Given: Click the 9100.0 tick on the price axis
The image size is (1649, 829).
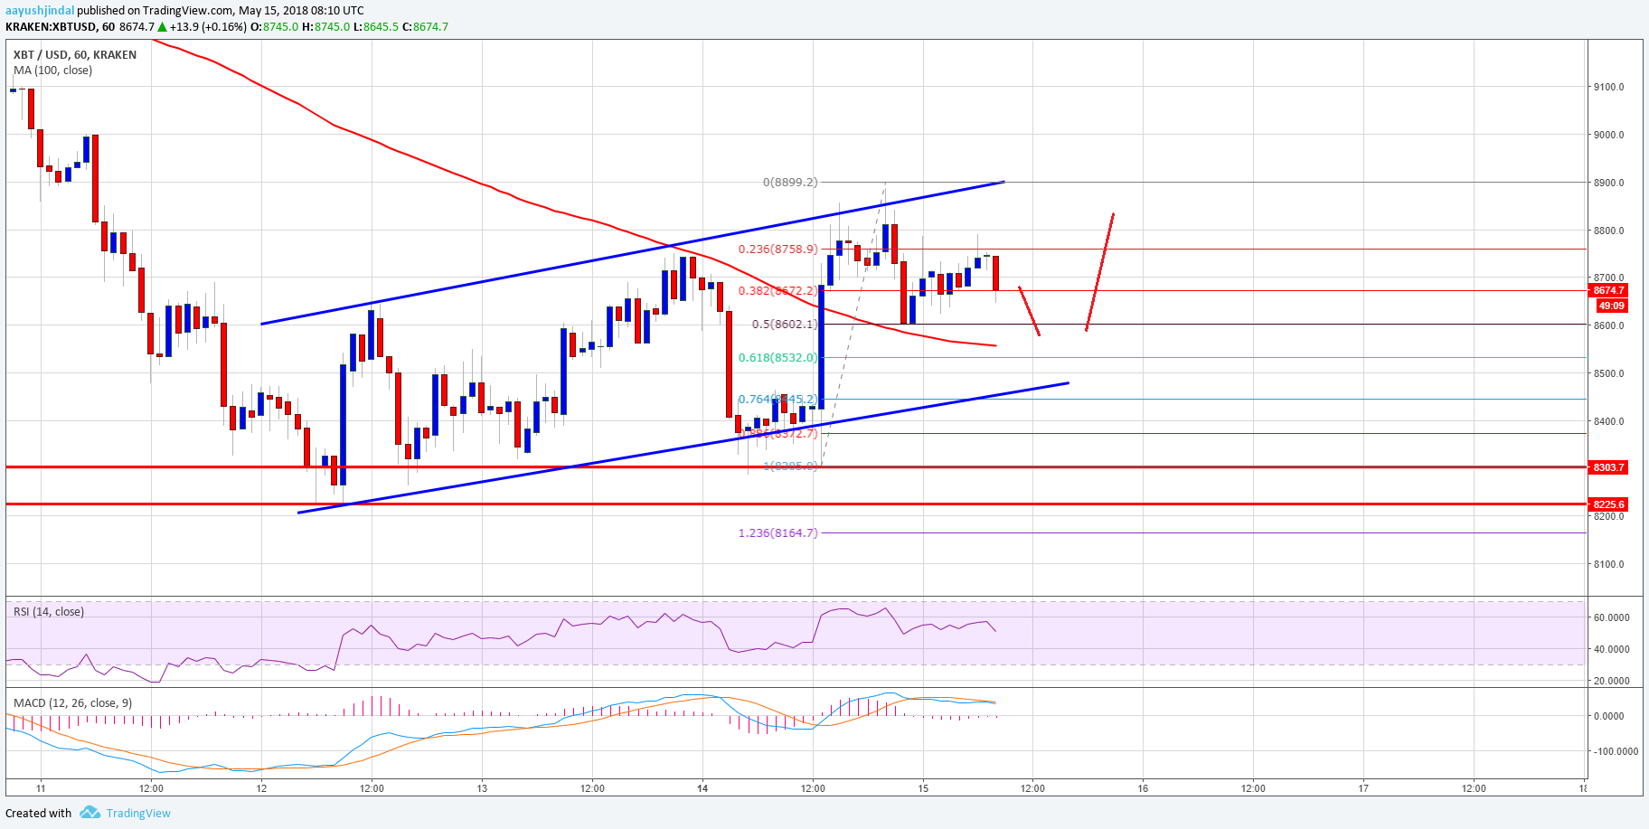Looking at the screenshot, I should (x=1608, y=88).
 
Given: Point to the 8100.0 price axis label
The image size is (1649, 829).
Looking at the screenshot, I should (x=1608, y=564).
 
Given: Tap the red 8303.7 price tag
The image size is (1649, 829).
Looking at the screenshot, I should (x=1608, y=467).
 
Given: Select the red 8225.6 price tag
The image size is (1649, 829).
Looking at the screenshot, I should (x=1608, y=504).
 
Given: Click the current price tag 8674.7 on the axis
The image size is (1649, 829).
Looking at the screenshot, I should (x=1608, y=290).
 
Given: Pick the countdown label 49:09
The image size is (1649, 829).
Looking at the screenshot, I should (x=1611, y=306).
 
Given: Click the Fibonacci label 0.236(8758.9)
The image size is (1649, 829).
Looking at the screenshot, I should (x=777, y=250).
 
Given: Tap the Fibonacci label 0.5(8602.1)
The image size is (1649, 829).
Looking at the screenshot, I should (x=784, y=325).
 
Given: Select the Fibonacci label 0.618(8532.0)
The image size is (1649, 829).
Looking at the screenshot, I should (x=777, y=358).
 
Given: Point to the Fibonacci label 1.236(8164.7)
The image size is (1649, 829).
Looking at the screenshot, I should (x=777, y=533).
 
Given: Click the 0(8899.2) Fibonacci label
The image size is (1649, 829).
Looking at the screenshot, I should (x=789, y=183).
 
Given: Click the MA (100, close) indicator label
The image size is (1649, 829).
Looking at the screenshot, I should (x=52, y=71).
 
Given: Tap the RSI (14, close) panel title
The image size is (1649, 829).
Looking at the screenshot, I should (x=49, y=612).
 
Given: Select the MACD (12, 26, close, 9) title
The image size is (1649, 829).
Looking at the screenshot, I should (x=72, y=702).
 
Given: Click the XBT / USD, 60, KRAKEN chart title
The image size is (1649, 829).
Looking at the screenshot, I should (x=75, y=55).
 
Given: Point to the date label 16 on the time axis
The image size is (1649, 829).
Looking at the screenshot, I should (x=1143, y=788).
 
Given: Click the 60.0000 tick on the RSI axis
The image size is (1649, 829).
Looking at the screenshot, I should (x=1611, y=617).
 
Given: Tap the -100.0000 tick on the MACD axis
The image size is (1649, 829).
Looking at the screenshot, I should (x=1615, y=751).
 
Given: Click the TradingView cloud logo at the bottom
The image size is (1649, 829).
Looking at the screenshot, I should (x=90, y=813).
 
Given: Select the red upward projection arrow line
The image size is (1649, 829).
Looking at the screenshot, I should (x=1099, y=271).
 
